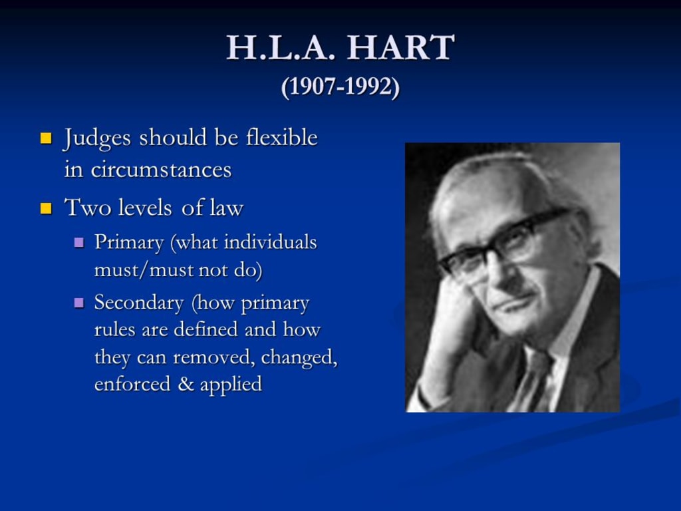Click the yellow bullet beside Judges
point(46,138)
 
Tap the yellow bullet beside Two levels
point(46,208)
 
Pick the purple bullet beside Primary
point(79,242)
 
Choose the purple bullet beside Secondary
point(79,303)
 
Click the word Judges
point(97,138)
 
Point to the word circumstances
point(161,170)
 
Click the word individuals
point(270,242)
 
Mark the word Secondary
point(139,303)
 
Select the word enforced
point(132,384)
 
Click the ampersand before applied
point(185,384)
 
